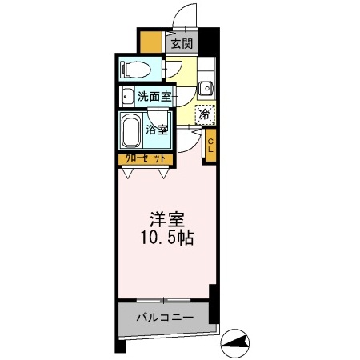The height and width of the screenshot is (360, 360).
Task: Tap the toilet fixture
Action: (135, 69)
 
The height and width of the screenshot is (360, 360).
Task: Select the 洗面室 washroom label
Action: (154, 97)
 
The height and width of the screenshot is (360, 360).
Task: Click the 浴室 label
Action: (157, 129)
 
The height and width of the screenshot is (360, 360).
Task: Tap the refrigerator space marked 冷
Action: (206, 114)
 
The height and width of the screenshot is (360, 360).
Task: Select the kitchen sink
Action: (206, 88)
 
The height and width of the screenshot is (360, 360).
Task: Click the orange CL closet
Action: (210, 146)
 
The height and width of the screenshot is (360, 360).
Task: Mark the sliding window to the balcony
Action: (165, 300)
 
